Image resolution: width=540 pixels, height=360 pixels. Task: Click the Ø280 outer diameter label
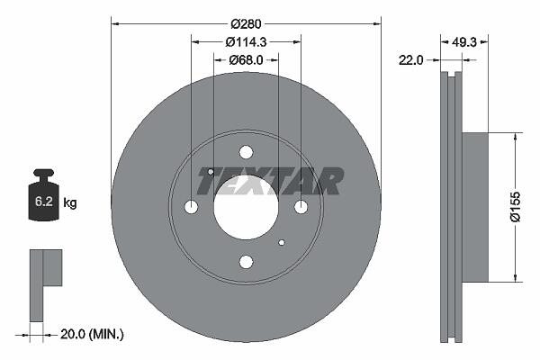click(x=246, y=23)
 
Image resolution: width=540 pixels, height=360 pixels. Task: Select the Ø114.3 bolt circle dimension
click(x=246, y=42)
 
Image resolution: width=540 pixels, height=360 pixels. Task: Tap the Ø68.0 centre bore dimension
click(x=246, y=60)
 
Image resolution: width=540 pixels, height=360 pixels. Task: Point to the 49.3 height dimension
click(x=463, y=42)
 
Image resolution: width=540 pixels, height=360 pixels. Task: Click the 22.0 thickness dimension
click(x=410, y=60)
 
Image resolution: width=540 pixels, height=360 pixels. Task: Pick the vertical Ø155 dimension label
click(x=516, y=207)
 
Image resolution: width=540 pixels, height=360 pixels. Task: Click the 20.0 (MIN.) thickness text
click(x=92, y=334)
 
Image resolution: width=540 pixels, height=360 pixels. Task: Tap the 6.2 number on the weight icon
click(x=44, y=202)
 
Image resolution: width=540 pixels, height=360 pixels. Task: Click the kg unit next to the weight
click(x=70, y=202)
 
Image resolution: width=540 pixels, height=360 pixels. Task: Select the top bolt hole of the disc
click(x=246, y=152)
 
